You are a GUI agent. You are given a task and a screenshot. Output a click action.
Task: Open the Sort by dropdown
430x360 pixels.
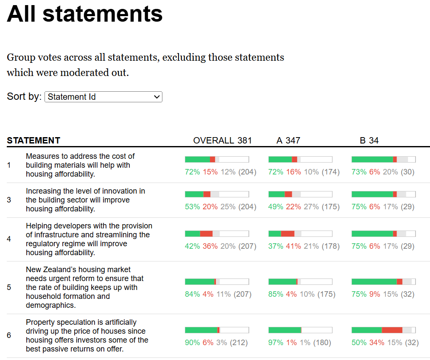(x=103, y=97)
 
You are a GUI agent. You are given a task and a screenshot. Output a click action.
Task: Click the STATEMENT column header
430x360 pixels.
(x=34, y=141)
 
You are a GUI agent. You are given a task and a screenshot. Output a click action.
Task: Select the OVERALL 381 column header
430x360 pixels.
(x=222, y=141)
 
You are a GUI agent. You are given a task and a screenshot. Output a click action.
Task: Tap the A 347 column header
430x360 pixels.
(x=288, y=141)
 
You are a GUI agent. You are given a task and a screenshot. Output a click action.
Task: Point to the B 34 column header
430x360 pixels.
(x=369, y=141)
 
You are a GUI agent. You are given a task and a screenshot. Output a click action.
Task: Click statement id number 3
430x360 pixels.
(x=9, y=200)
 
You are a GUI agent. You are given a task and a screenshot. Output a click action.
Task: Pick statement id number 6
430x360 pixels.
(x=9, y=335)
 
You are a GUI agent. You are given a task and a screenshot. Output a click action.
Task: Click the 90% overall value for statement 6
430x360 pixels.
(x=192, y=343)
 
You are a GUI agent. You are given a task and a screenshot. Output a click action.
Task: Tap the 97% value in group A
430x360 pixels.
(x=276, y=343)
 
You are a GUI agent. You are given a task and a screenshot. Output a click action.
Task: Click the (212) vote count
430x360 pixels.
(x=239, y=343)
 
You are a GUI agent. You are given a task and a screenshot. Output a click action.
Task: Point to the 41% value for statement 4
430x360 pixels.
(x=293, y=246)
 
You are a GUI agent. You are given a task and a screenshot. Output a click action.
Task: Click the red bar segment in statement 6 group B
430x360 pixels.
(x=392, y=330)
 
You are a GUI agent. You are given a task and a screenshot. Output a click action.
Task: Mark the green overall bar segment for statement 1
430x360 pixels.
(x=197, y=159)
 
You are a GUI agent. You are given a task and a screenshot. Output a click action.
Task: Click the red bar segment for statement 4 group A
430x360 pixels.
(x=288, y=233)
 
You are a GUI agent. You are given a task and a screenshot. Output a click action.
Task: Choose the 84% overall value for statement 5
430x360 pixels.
(x=192, y=294)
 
